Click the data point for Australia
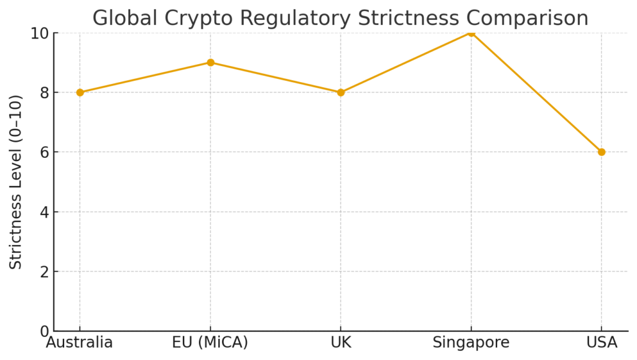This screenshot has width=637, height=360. (80, 92)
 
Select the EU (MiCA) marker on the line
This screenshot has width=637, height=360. (210, 62)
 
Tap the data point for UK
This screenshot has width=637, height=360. (340, 92)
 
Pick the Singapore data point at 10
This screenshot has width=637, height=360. (471, 32)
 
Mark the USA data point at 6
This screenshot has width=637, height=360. (602, 152)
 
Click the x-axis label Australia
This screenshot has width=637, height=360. (80, 343)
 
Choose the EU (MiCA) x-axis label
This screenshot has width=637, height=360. (210, 343)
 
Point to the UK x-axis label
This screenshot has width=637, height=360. (340, 343)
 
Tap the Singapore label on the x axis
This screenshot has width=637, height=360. (471, 343)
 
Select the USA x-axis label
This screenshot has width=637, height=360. (602, 343)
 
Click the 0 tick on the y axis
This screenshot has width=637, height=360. (45, 331)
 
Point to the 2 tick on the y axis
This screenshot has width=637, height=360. (45, 272)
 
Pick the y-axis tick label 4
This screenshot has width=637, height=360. (45, 212)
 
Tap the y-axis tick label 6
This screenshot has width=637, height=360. (45, 152)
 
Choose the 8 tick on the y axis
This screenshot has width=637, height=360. (45, 93)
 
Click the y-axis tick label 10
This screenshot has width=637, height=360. (40, 33)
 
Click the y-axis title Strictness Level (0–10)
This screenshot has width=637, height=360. (16, 182)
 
